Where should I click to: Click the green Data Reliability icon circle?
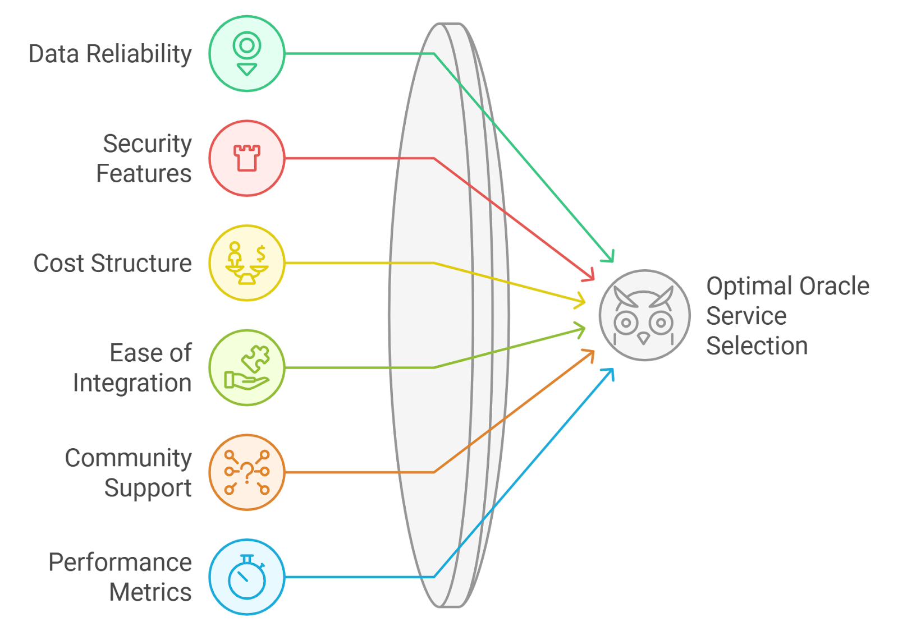click(247, 54)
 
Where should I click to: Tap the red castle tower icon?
click(247, 158)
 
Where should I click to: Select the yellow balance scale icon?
click(247, 263)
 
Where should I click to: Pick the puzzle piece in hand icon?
click(247, 367)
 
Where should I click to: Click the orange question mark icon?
click(247, 472)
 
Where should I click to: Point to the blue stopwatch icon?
click(247, 577)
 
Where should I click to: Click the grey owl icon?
click(644, 316)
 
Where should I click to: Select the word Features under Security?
click(144, 173)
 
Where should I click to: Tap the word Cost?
click(58, 264)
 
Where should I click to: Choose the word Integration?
click(132, 383)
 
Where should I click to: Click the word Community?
click(128, 458)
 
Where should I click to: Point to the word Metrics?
click(150, 592)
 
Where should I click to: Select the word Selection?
click(757, 346)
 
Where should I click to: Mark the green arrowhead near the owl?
click(609, 257)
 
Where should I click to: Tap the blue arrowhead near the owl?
click(609, 373)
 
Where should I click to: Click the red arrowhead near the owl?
click(589, 276)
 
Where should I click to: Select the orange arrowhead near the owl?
click(589, 354)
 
